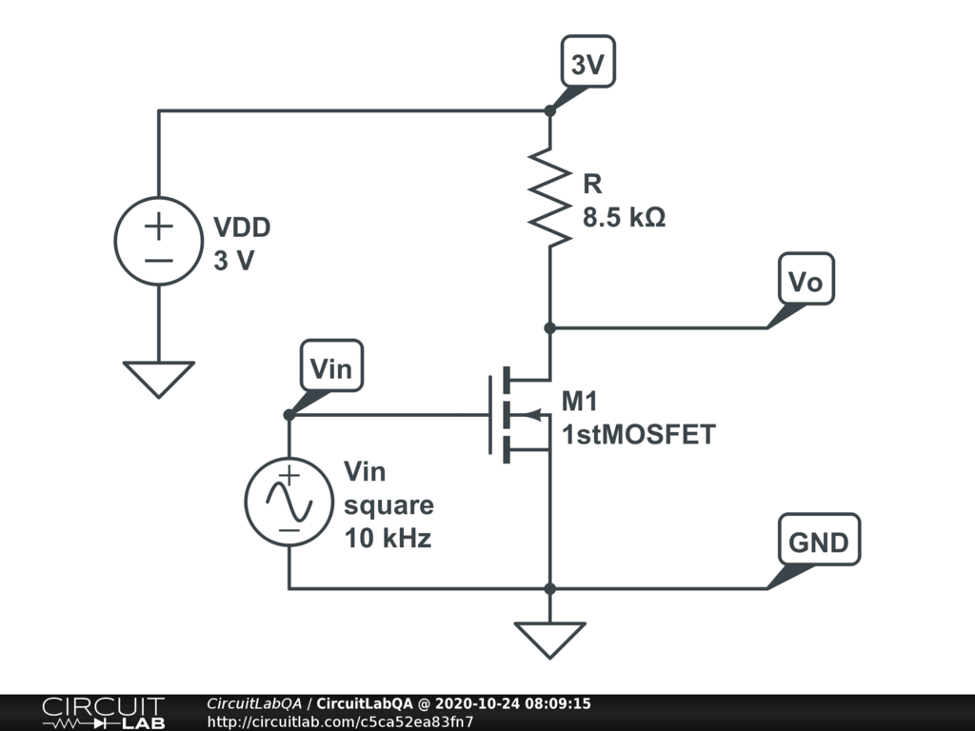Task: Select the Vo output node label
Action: click(806, 280)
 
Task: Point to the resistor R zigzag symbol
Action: click(550, 197)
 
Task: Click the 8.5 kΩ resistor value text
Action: click(624, 217)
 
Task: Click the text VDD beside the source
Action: click(241, 228)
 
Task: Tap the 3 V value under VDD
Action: click(233, 261)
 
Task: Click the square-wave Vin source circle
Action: click(289, 502)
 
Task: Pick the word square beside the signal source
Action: click(388, 504)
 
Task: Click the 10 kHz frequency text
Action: click(388, 538)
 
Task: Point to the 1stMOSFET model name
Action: click(638, 436)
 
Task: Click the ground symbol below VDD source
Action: click(158, 378)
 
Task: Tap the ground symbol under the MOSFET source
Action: click(549, 639)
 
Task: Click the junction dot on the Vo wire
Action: click(549, 327)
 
